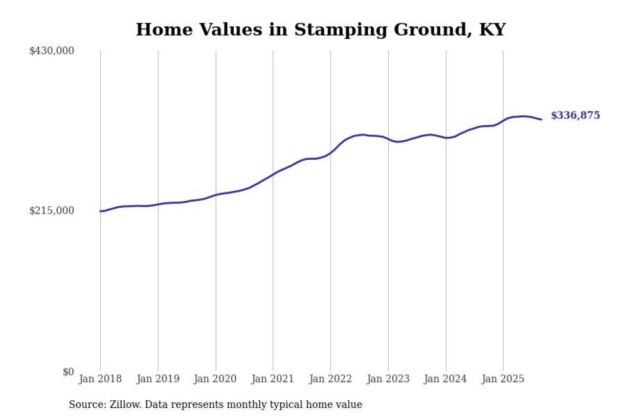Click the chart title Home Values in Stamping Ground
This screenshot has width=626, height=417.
(x=320, y=30)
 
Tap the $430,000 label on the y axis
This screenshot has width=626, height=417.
(x=52, y=51)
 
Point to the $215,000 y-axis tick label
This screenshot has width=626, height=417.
(x=52, y=211)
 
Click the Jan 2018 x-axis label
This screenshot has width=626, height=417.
(x=100, y=379)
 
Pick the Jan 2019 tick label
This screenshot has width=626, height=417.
(x=158, y=379)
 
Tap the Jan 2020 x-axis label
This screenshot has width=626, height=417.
(x=216, y=379)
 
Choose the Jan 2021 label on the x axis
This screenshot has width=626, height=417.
(x=273, y=379)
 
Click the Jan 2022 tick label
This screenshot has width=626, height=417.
(x=331, y=379)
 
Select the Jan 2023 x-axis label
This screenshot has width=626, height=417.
(x=388, y=379)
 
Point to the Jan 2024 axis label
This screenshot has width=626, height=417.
(x=446, y=379)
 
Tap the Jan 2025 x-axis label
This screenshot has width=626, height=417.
(x=503, y=379)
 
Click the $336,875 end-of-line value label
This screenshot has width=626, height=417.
(x=575, y=116)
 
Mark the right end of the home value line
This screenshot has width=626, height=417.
(x=541, y=119)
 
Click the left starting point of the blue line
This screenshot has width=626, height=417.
(x=101, y=211)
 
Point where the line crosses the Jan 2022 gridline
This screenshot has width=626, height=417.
(x=331, y=153)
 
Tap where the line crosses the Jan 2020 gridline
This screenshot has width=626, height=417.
(x=216, y=195)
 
